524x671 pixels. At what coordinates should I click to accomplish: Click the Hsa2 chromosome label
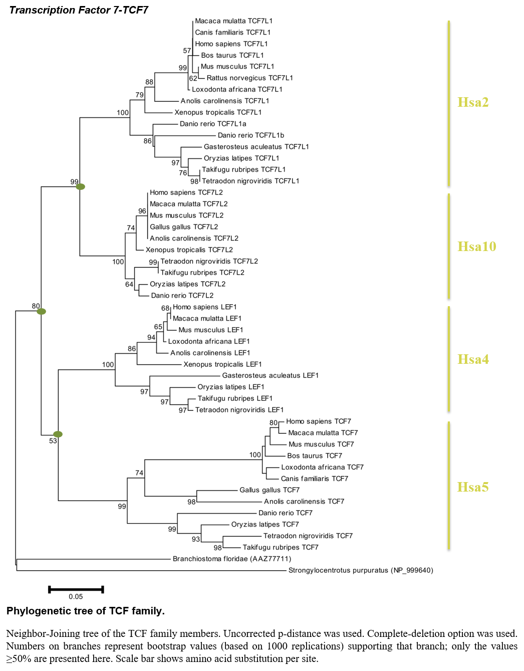pos(473,102)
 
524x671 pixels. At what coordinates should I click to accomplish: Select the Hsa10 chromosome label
pos(476,247)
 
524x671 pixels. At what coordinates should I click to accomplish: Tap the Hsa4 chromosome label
pos(473,359)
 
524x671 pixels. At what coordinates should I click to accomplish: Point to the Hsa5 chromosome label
pos(473,487)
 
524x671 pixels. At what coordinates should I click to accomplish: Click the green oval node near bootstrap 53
pos(58,434)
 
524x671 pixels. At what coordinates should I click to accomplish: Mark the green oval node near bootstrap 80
pos(42,312)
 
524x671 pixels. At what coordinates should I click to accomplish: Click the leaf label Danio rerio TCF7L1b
pos(251,135)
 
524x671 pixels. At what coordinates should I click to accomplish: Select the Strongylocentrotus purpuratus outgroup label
pos(361,570)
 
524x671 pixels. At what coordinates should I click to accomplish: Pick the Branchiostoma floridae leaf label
pos(232,559)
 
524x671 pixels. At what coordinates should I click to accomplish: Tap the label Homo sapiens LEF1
pos(204,307)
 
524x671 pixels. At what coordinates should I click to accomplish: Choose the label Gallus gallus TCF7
pos(270,490)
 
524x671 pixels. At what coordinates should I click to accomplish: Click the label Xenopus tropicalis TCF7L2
pos(189,250)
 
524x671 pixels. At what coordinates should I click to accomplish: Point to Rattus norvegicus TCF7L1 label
pos(249,78)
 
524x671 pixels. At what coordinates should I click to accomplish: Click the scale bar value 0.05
pos(76,596)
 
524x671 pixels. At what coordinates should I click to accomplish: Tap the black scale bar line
pos(76,589)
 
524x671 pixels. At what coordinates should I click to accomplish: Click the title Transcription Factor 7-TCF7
pos(79,10)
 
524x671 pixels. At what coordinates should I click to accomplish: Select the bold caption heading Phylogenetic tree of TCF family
pos(86,611)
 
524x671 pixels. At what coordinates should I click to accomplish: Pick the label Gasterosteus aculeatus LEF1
pos(271,375)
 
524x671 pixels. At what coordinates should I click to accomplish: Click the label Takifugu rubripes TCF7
pos(281,548)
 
